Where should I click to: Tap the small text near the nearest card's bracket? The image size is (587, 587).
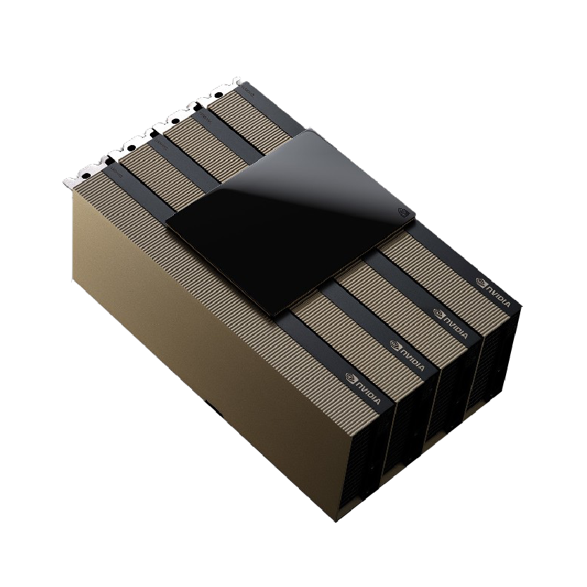[113, 171]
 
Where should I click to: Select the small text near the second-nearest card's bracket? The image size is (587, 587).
[160, 141]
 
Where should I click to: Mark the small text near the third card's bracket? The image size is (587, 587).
[203, 115]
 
